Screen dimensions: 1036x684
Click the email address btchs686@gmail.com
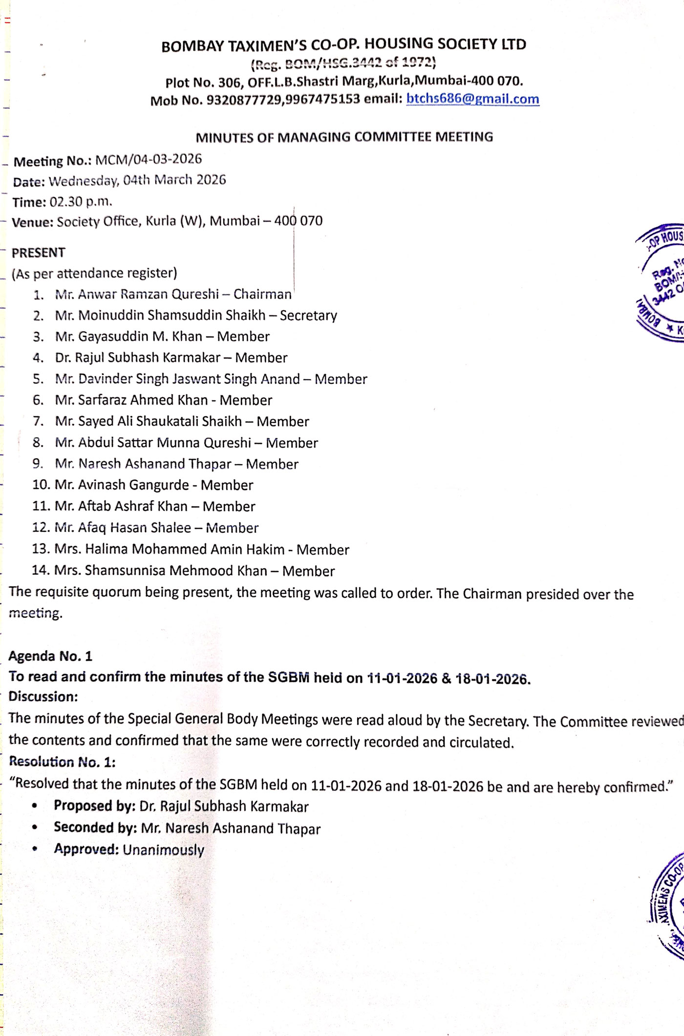[472, 99]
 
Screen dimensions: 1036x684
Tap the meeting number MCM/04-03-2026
[149, 159]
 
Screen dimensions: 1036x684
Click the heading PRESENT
[39, 253]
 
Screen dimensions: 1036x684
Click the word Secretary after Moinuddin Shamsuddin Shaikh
[308, 316]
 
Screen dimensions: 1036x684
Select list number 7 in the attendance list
[38, 421]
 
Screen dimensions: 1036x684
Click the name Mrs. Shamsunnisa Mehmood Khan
[160, 571]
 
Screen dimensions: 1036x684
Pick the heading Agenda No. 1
[50, 656]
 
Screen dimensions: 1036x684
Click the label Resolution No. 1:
[62, 761]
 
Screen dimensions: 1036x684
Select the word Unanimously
[163, 850]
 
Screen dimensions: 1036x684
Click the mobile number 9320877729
[244, 100]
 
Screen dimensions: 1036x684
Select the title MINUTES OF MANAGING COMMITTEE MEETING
[344, 137]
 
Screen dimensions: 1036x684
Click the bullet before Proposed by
[35, 806]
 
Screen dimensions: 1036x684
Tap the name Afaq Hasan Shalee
[134, 528]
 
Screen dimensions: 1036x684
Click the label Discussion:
[43, 697]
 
